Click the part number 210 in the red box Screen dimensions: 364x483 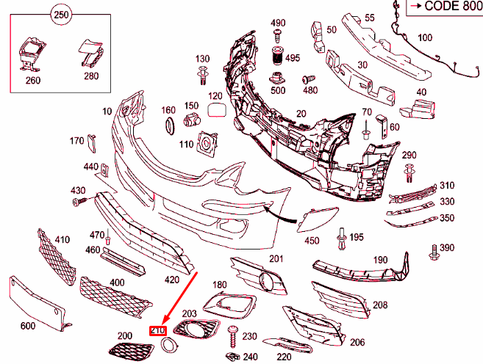[x=157, y=331]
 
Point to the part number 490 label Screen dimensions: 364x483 [x=278, y=23]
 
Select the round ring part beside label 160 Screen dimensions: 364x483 [x=168, y=127]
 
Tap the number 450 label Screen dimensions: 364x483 [x=312, y=241]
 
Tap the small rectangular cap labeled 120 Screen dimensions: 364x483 [x=216, y=111]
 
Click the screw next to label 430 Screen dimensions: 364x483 [x=83, y=200]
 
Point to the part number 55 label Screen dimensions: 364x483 [x=369, y=17]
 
